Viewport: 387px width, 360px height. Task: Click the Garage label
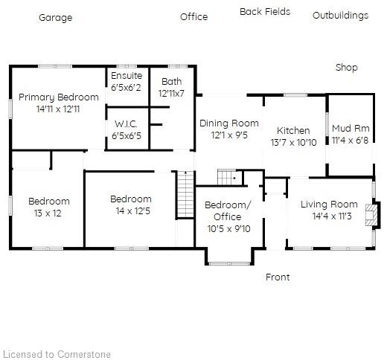56,18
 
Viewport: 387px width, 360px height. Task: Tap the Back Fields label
265,12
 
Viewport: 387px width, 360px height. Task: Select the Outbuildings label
340,16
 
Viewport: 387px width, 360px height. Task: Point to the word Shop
346,68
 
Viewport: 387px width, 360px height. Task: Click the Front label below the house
278,277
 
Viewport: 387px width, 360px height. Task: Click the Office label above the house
193,17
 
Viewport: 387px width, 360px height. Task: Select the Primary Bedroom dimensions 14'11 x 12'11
58,109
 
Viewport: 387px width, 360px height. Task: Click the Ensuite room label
127,76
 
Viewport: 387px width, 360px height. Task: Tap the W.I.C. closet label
126,124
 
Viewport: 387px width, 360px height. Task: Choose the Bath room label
170,82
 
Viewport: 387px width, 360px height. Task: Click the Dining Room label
229,123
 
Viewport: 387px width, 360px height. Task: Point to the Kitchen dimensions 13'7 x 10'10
293,142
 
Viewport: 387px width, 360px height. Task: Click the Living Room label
329,205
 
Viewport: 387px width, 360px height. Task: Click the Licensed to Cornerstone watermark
57,354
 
